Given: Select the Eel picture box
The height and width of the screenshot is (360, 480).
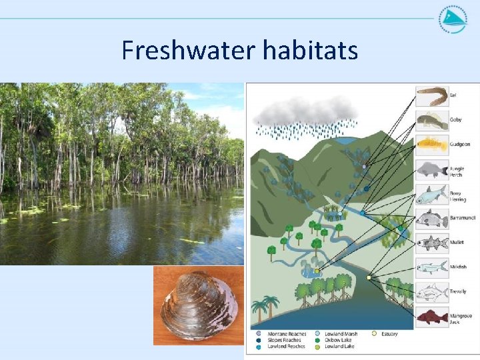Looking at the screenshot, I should coord(432,97).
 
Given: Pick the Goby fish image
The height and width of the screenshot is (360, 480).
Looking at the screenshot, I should coord(432,121).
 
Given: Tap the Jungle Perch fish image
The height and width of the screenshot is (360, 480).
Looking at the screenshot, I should coord(432,170).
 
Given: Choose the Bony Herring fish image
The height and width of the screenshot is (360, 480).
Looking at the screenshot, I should coord(432,195).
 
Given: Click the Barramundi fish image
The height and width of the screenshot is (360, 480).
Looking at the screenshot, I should coord(432,219).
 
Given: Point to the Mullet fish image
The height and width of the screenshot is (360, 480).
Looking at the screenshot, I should coord(432,243).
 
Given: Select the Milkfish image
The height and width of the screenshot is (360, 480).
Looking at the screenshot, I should coord(432,267).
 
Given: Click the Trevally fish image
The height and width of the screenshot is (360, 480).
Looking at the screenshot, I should coord(432,291).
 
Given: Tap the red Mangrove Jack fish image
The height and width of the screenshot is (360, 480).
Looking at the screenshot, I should coord(432,316).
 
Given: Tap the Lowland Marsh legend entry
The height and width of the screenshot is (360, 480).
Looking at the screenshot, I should coord(340,334).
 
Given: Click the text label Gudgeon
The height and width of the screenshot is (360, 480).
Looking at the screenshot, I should coord(459,144).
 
